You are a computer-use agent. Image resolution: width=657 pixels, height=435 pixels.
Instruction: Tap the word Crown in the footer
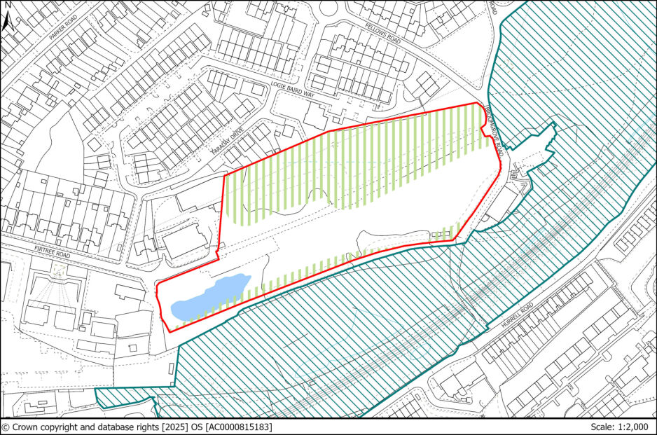[x=25, y=427]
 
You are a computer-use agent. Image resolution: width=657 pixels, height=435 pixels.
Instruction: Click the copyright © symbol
[x=6, y=427]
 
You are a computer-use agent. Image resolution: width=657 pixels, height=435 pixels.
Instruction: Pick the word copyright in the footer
[x=60, y=427]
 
